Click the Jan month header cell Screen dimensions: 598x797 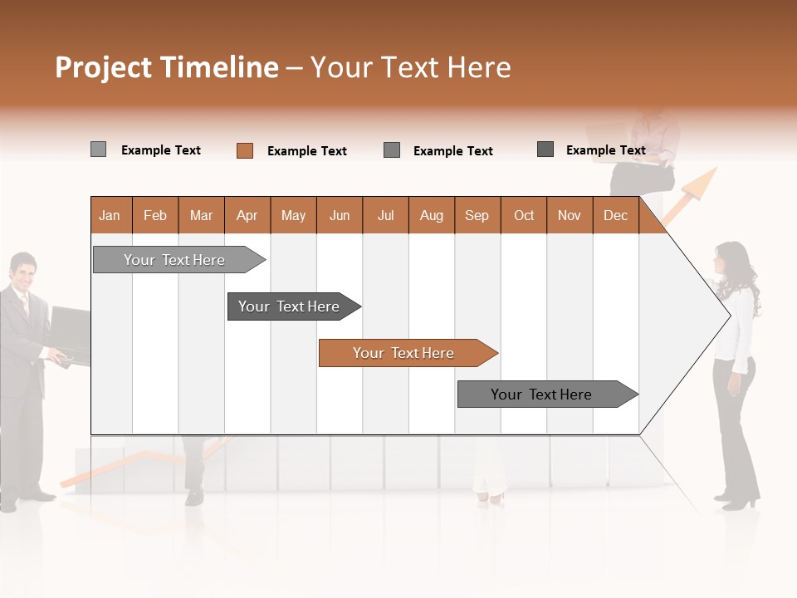click(110, 215)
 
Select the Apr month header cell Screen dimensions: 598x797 click(247, 215)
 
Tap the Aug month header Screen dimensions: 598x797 click(431, 215)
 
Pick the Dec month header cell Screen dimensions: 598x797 click(615, 215)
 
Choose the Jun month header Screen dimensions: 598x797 click(340, 215)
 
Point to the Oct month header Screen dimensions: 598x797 click(524, 215)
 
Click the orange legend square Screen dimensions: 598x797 click(245, 150)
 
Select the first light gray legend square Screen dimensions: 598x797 click(99, 149)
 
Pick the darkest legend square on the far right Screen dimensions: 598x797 click(545, 149)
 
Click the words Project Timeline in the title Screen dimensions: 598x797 click(166, 67)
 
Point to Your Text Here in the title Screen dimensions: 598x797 click(410, 67)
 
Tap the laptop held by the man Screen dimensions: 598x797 click(71, 332)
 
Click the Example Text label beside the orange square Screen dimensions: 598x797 click(306, 151)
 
